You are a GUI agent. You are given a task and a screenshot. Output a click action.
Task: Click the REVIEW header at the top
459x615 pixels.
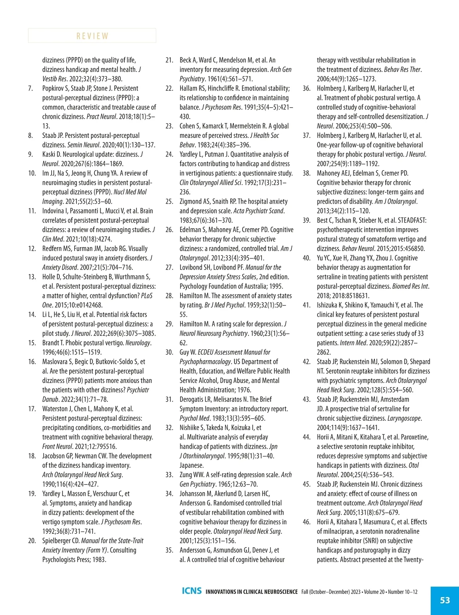pos(92,36)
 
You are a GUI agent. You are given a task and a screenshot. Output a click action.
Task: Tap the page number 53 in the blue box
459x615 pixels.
pos(445,600)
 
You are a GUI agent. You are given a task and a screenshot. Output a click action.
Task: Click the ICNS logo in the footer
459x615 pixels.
pos(192,591)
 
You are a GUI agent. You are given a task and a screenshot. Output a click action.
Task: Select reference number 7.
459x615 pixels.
pos(31,88)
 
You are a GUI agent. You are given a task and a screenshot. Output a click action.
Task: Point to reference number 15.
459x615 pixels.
pos(32,343)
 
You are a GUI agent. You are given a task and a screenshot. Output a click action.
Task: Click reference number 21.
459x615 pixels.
pos(169,60)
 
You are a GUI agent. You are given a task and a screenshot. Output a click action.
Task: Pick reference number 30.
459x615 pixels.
pos(169,352)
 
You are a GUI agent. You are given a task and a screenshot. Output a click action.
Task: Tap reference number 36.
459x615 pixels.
pos(307,88)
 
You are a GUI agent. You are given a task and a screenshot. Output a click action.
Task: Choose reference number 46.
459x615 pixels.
pos(307,522)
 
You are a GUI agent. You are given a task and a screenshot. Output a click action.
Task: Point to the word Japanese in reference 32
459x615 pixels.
pos(191,465)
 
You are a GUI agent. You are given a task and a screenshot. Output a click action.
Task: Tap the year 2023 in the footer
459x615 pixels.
pos(355,592)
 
